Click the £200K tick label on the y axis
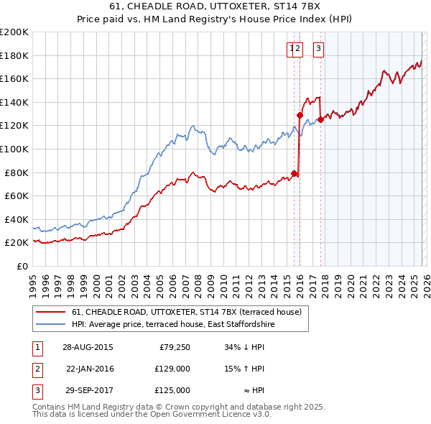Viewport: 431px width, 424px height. [14, 32]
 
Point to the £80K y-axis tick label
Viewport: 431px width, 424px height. [17, 172]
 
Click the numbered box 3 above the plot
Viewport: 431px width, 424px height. [318, 49]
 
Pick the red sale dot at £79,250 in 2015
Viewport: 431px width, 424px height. [295, 173]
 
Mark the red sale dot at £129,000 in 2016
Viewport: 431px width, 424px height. [300, 115]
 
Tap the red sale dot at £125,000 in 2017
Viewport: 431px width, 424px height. [320, 120]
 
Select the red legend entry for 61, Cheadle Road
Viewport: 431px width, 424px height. [190, 312]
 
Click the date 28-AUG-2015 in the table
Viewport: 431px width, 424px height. [88, 347]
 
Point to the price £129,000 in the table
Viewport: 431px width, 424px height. [172, 369]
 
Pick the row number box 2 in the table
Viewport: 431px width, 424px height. [36, 369]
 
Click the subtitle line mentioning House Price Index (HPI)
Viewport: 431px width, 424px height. [215, 21]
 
